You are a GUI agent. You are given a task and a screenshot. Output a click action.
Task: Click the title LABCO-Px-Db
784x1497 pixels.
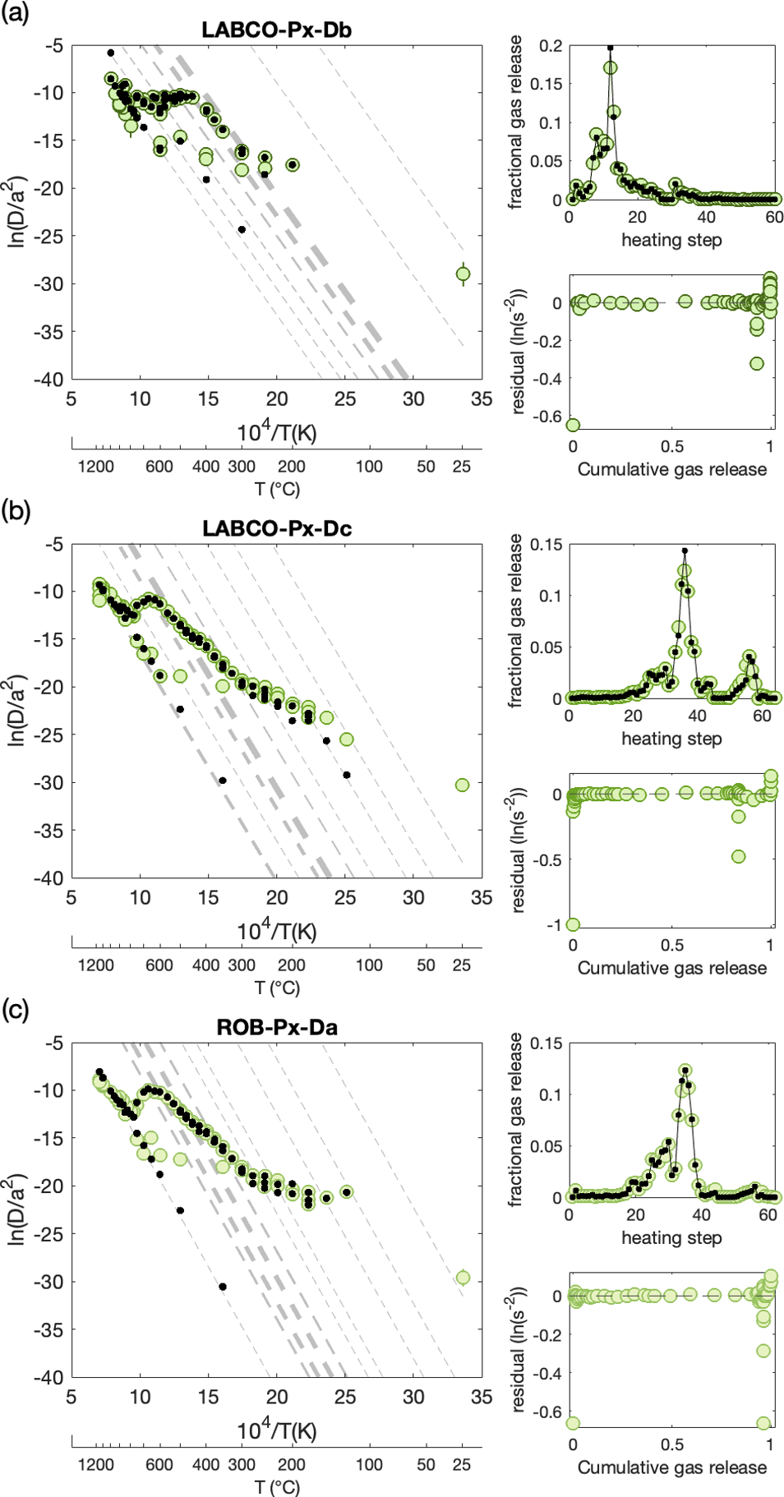click(276, 30)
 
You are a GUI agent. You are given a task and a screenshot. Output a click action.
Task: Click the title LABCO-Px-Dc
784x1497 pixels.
click(277, 528)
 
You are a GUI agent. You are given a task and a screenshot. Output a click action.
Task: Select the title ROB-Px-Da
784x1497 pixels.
click(277, 1027)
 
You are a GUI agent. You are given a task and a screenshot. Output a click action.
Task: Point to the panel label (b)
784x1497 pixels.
click(16, 511)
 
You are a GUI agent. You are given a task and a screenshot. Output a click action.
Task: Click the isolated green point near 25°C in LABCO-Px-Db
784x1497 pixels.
click(463, 274)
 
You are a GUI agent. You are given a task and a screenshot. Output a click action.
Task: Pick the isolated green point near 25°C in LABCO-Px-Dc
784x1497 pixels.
click(462, 785)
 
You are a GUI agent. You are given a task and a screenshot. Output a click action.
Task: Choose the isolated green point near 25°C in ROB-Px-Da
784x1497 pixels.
click(463, 1278)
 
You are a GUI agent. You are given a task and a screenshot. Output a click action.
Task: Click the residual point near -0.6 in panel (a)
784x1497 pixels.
click(573, 425)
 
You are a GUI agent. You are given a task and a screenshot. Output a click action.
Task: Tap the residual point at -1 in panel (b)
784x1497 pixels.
click(573, 924)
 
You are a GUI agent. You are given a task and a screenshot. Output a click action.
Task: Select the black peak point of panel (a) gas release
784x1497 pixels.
click(610, 48)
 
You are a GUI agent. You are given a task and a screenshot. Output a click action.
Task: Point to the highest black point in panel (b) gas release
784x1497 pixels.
click(685, 550)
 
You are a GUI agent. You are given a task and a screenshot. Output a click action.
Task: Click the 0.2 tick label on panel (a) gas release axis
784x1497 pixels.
click(551, 46)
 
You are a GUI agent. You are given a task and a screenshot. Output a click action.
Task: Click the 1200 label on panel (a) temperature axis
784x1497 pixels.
click(95, 467)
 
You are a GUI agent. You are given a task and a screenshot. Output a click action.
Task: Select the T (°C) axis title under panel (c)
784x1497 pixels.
click(277, 1486)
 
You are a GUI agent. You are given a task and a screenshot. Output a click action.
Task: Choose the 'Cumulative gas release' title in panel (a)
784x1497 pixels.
click(671, 469)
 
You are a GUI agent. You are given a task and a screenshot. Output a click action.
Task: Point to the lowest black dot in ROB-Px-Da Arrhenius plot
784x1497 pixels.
click(223, 1287)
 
